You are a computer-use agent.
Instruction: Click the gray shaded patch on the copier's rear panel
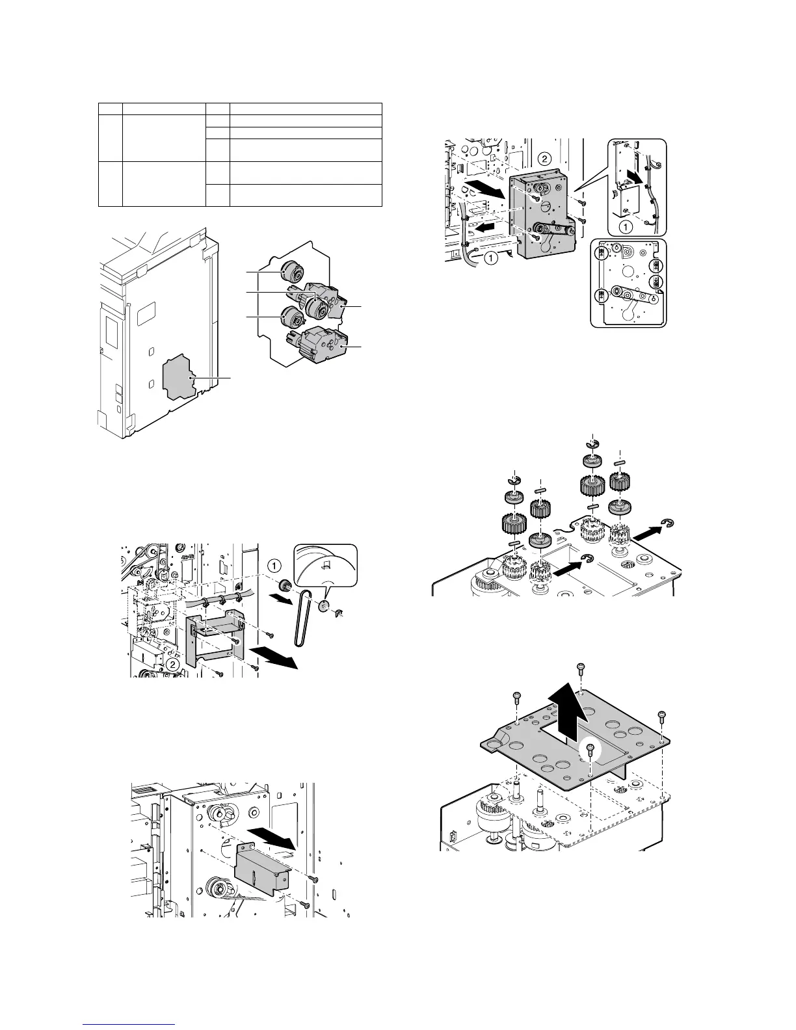pyautogui.click(x=176, y=376)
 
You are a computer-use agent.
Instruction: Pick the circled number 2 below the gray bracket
pyautogui.click(x=172, y=665)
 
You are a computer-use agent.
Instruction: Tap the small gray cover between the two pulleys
pyautogui.click(x=261, y=870)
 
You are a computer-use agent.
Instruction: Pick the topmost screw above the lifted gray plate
pyautogui.click(x=579, y=668)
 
